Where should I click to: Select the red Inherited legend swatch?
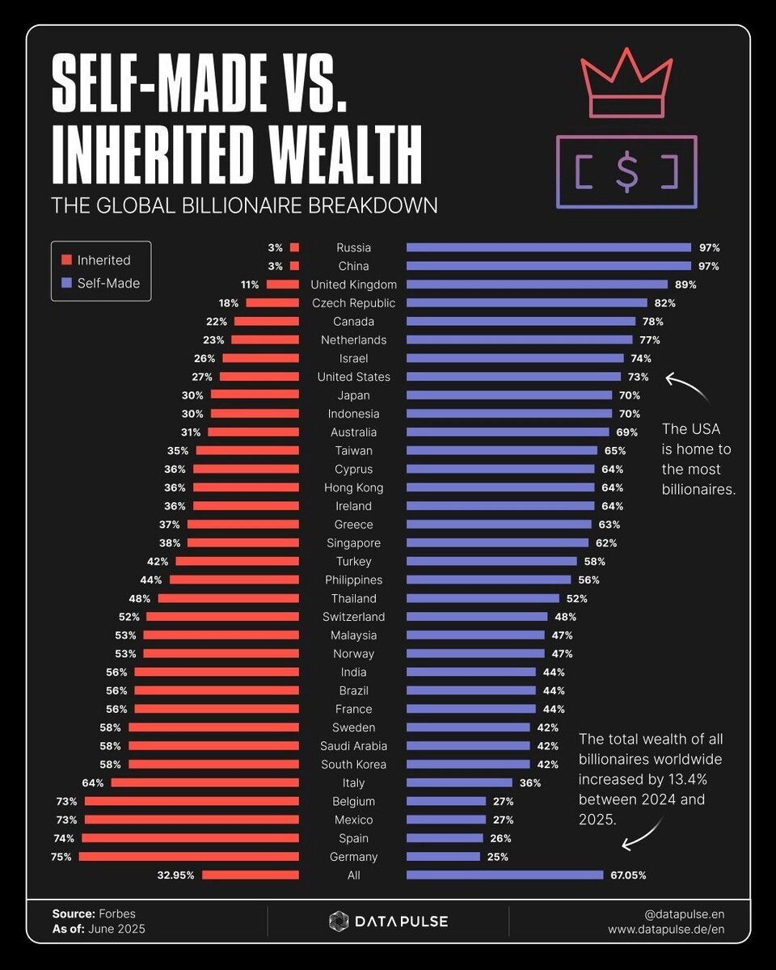[67, 260]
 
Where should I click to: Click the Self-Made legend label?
[108, 283]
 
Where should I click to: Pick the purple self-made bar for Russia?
[548, 247]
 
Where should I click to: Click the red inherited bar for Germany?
[189, 857]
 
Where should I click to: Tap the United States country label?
[353, 377]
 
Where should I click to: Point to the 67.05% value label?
[628, 875]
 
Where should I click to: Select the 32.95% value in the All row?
[175, 875]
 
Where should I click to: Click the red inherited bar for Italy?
[205, 782]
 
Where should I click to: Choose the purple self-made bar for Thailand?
[483, 599]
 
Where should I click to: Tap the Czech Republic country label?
[353, 303]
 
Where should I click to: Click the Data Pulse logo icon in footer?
[339, 921]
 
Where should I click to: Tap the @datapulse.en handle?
[684, 913]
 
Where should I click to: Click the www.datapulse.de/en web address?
[666, 930]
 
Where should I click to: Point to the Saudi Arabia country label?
[353, 746]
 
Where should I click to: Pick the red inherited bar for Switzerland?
[222, 617]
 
